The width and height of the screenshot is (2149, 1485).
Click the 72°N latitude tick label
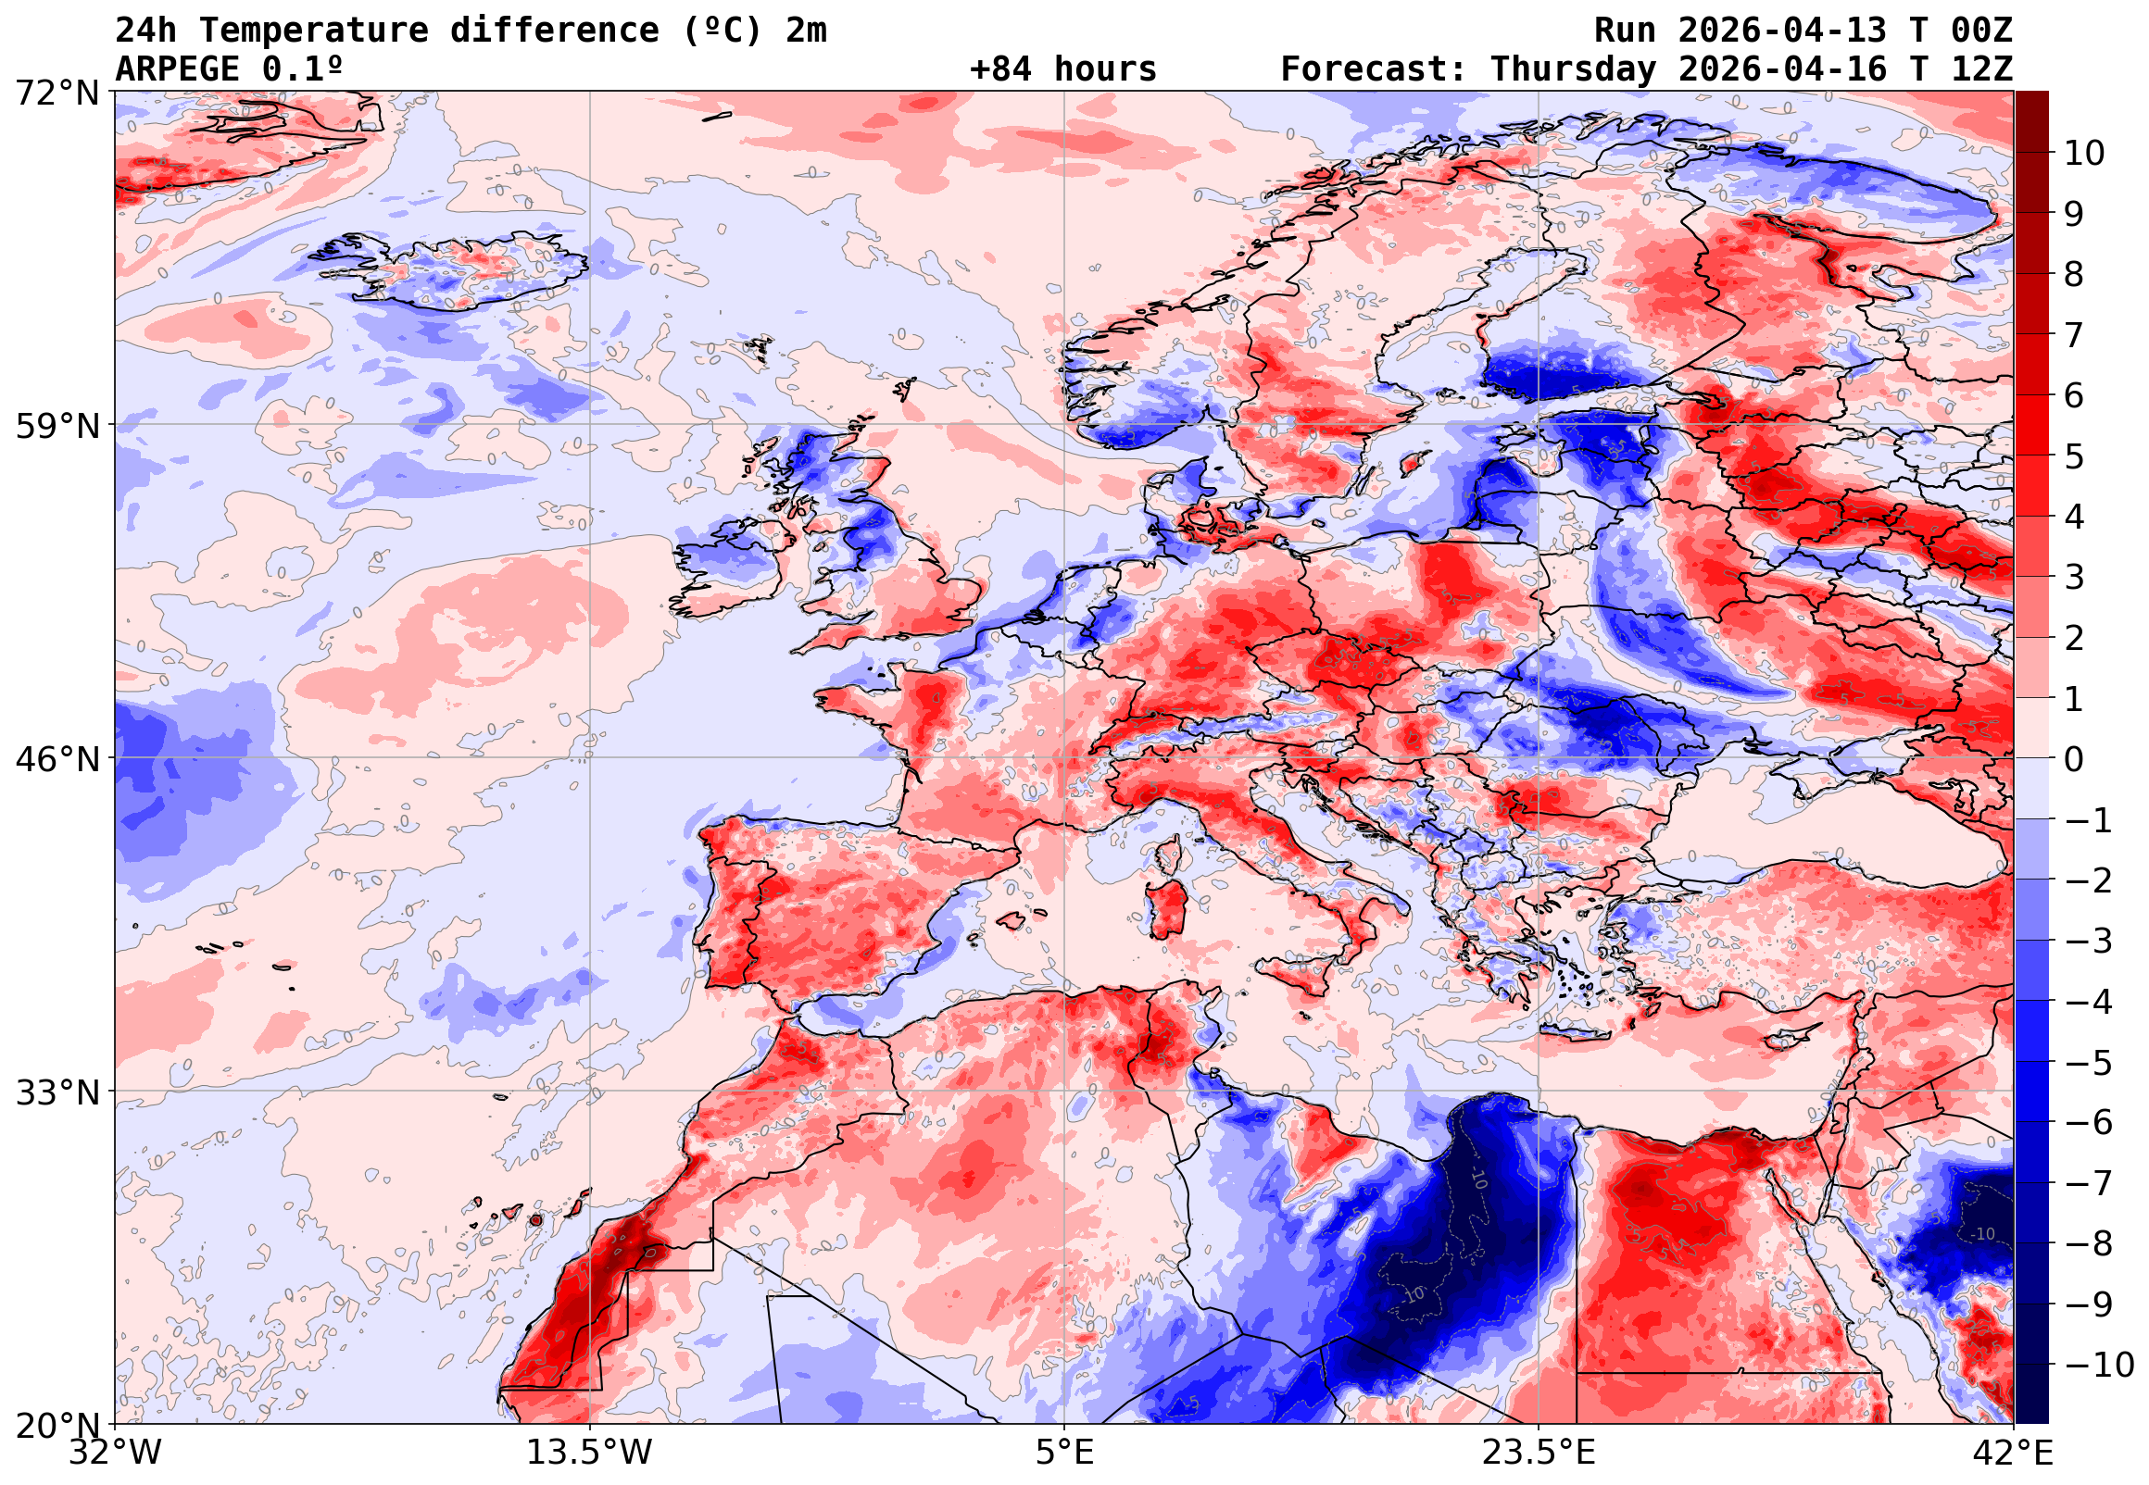(57, 94)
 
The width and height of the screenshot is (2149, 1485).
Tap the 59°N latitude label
(57, 427)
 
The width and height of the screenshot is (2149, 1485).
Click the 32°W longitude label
(116, 1453)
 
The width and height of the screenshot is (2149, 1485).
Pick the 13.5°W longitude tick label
(589, 1453)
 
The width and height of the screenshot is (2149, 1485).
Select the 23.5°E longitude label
(1538, 1453)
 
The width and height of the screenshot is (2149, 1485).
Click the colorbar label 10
(2084, 154)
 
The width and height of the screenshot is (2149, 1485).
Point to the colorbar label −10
(2099, 1365)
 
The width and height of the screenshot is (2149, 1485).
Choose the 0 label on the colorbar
(2074, 759)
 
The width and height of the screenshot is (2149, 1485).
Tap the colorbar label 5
(2074, 456)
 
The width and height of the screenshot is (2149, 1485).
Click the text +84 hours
(1062, 69)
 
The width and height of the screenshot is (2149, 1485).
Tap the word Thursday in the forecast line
(1573, 69)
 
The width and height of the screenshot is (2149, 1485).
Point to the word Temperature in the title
(314, 31)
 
